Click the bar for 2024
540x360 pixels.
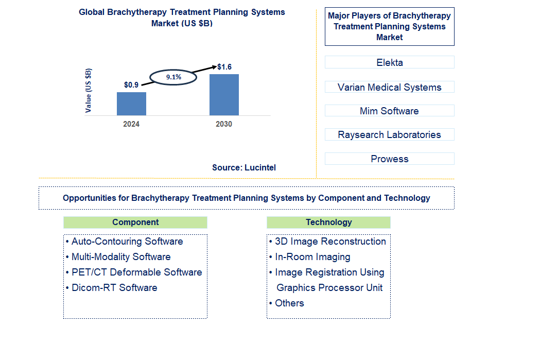click(x=131, y=104)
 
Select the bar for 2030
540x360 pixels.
click(x=224, y=95)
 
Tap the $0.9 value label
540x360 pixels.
click(x=131, y=85)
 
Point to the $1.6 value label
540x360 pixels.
click(x=224, y=67)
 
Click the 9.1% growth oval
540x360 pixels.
click(x=173, y=77)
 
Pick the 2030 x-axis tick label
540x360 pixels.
click(x=224, y=124)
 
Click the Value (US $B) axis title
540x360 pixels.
click(x=89, y=91)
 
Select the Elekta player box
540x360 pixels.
click(x=389, y=62)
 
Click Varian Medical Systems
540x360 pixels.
click(x=389, y=87)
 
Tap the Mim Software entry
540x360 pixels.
click(x=389, y=111)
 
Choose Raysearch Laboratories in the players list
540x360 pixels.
click(x=389, y=134)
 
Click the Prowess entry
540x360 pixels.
click(x=389, y=159)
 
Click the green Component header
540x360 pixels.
click(x=135, y=222)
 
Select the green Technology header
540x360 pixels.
click(x=328, y=222)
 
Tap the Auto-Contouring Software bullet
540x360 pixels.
click(x=127, y=242)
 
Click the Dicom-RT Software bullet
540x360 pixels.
click(x=114, y=288)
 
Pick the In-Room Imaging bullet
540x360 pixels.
click(x=312, y=257)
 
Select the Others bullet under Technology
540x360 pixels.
click(x=289, y=303)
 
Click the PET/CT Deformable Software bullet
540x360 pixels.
click(x=136, y=272)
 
